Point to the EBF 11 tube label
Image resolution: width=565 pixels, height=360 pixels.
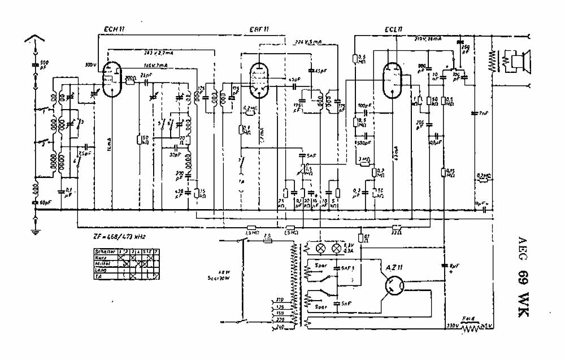pos(258,29)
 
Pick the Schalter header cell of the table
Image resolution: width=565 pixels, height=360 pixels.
pos(104,250)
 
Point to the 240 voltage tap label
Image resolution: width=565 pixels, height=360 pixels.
pos(279,326)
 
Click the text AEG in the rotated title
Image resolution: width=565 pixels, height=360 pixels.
pos(522,247)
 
